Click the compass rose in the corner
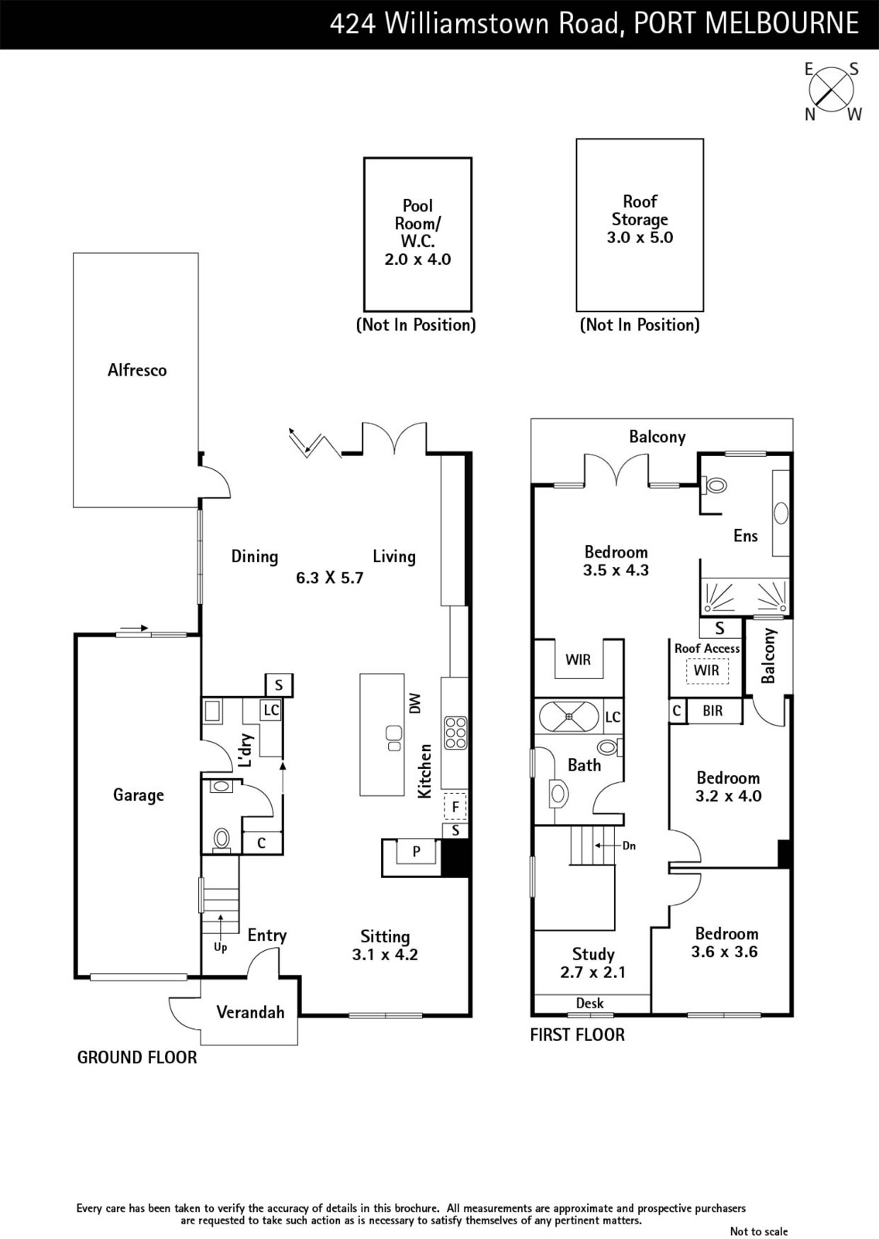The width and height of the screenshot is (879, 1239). tap(832, 91)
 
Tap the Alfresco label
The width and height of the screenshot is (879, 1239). tap(136, 370)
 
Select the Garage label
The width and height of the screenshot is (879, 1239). tap(139, 795)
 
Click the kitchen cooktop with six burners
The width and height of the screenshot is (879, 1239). tap(455, 733)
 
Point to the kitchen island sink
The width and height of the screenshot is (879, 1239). tap(394, 737)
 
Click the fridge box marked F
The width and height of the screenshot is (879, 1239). tap(455, 806)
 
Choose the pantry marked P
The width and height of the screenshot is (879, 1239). tap(417, 852)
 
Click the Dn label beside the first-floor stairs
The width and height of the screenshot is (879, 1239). tap(629, 845)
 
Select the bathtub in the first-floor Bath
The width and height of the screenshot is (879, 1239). tap(569, 717)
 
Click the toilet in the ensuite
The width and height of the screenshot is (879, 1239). tap(713, 486)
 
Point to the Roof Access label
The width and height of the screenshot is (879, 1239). tap(707, 648)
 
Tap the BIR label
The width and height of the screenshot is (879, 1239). tap(712, 710)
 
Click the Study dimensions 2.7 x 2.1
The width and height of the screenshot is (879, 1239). tap(592, 972)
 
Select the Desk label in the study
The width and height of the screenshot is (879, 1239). tap(589, 1003)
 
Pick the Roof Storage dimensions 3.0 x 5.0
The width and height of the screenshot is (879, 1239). tap(640, 237)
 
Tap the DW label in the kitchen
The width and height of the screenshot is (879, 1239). tap(415, 703)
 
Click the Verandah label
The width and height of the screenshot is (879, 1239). tap(250, 1012)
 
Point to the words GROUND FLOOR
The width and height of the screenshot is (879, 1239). tap(136, 1058)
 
